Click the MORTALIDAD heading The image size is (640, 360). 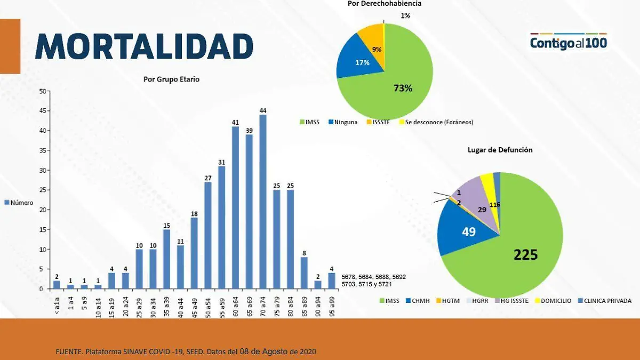tap(144, 46)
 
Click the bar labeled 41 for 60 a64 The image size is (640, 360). tap(235, 207)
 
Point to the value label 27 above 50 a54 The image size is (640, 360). tap(208, 178)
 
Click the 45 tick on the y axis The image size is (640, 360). tap(42, 111)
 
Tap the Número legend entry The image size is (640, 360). tap(19, 203)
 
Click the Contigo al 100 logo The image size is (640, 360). tap(569, 41)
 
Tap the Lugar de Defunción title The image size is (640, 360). tap(500, 150)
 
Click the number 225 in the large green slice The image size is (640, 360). tap(525, 255)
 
